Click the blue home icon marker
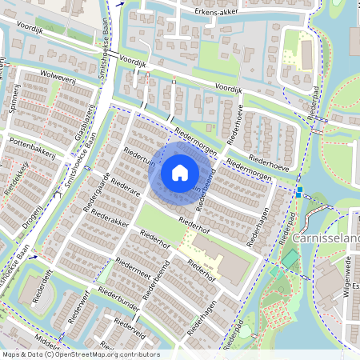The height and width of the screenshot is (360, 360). pos(180,172)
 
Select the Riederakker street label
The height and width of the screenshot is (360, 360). pos(110,218)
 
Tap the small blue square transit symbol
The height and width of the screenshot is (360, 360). pos(298,194)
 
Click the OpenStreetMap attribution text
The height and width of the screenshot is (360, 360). pos(81,354)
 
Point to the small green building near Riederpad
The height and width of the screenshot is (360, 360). pos(290,259)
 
